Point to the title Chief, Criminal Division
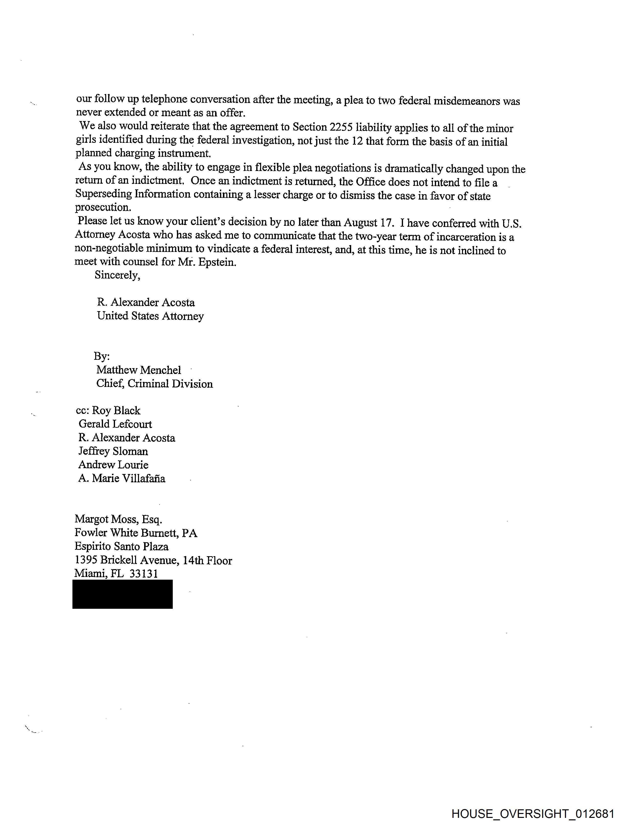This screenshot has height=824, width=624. [x=154, y=384]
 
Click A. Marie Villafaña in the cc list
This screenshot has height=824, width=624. [x=122, y=478]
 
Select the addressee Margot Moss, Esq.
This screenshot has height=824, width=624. [x=118, y=519]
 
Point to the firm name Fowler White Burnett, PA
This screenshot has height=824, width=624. [x=136, y=533]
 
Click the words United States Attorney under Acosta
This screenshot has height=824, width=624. [x=150, y=316]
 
